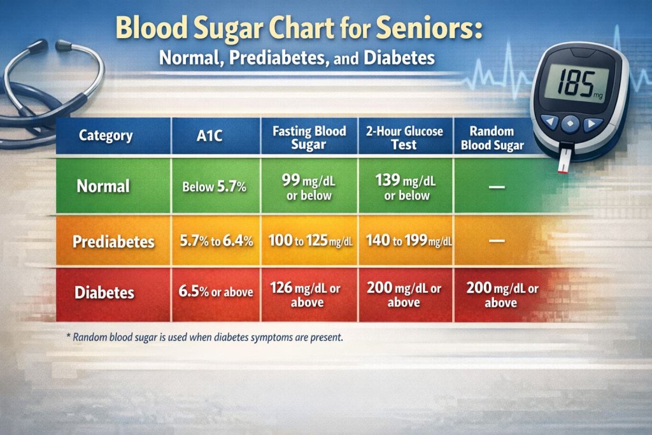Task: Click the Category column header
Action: tap(106, 136)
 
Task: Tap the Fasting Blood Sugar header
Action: tap(309, 138)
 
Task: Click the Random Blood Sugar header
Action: tap(492, 138)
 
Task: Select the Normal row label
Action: tap(103, 186)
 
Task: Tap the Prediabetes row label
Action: tap(113, 242)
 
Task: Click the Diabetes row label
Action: tap(104, 292)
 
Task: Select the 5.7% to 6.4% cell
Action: tap(216, 242)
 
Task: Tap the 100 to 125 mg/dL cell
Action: tap(309, 242)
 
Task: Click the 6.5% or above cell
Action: tap(216, 292)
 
